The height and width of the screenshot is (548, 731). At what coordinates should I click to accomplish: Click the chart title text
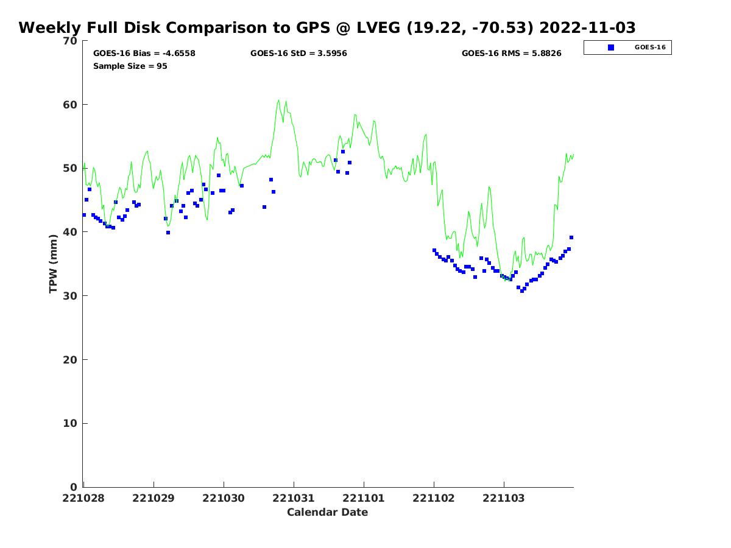[327, 28]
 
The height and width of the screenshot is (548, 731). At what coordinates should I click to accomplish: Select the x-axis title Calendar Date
[327, 512]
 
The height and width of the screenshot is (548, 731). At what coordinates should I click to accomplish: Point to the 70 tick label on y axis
[71, 41]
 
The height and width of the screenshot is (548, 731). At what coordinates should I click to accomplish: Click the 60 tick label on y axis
[71, 105]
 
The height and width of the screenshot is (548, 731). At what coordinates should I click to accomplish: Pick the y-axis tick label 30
[71, 296]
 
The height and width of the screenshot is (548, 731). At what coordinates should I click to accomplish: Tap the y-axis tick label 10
[71, 424]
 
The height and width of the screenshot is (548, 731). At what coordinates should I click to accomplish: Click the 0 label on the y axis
[74, 487]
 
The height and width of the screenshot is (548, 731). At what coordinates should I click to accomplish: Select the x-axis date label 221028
[83, 498]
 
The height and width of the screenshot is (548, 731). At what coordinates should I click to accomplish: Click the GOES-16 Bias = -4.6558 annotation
[144, 54]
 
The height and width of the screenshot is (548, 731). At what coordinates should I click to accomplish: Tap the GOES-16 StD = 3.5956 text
[298, 54]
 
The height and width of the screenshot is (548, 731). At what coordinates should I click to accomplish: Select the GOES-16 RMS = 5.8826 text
[511, 54]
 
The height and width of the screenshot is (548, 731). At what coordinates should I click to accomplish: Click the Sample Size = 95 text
[130, 66]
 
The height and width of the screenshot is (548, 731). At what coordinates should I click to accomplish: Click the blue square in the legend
[611, 47]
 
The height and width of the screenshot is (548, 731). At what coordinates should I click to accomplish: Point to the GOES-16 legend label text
[650, 47]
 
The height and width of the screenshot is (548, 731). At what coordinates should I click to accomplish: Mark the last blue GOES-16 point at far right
[571, 237]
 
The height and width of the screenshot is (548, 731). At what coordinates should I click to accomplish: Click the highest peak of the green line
[279, 100]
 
